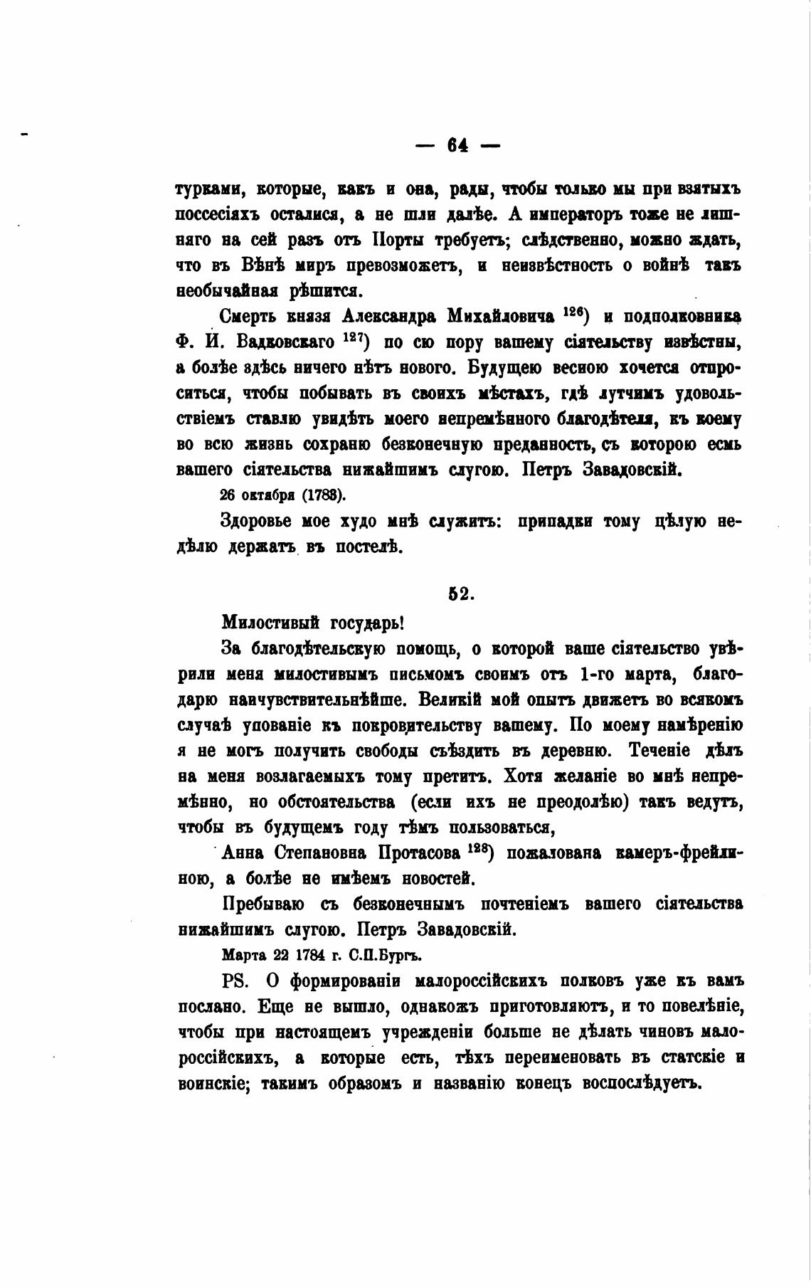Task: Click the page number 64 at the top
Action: click(457, 145)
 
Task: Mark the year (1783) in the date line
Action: click(322, 495)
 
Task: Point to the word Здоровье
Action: click(256, 522)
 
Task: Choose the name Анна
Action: click(244, 853)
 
